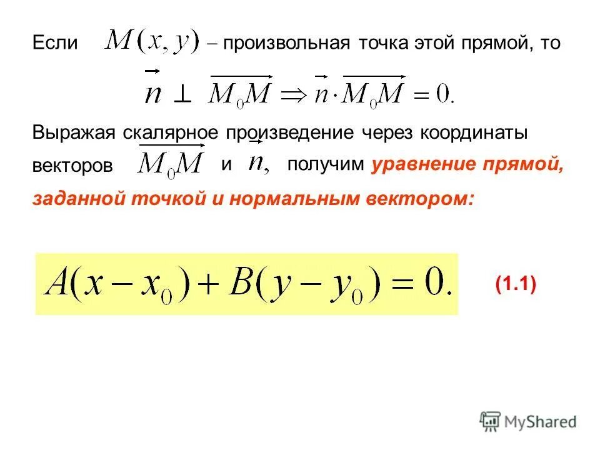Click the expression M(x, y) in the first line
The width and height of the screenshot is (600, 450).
coord(151,42)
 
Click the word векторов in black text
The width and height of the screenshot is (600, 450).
coord(73,166)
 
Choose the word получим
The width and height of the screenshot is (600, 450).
coord(325,165)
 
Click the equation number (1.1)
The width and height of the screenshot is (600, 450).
coord(516,284)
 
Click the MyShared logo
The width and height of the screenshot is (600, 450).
coord(528,421)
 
